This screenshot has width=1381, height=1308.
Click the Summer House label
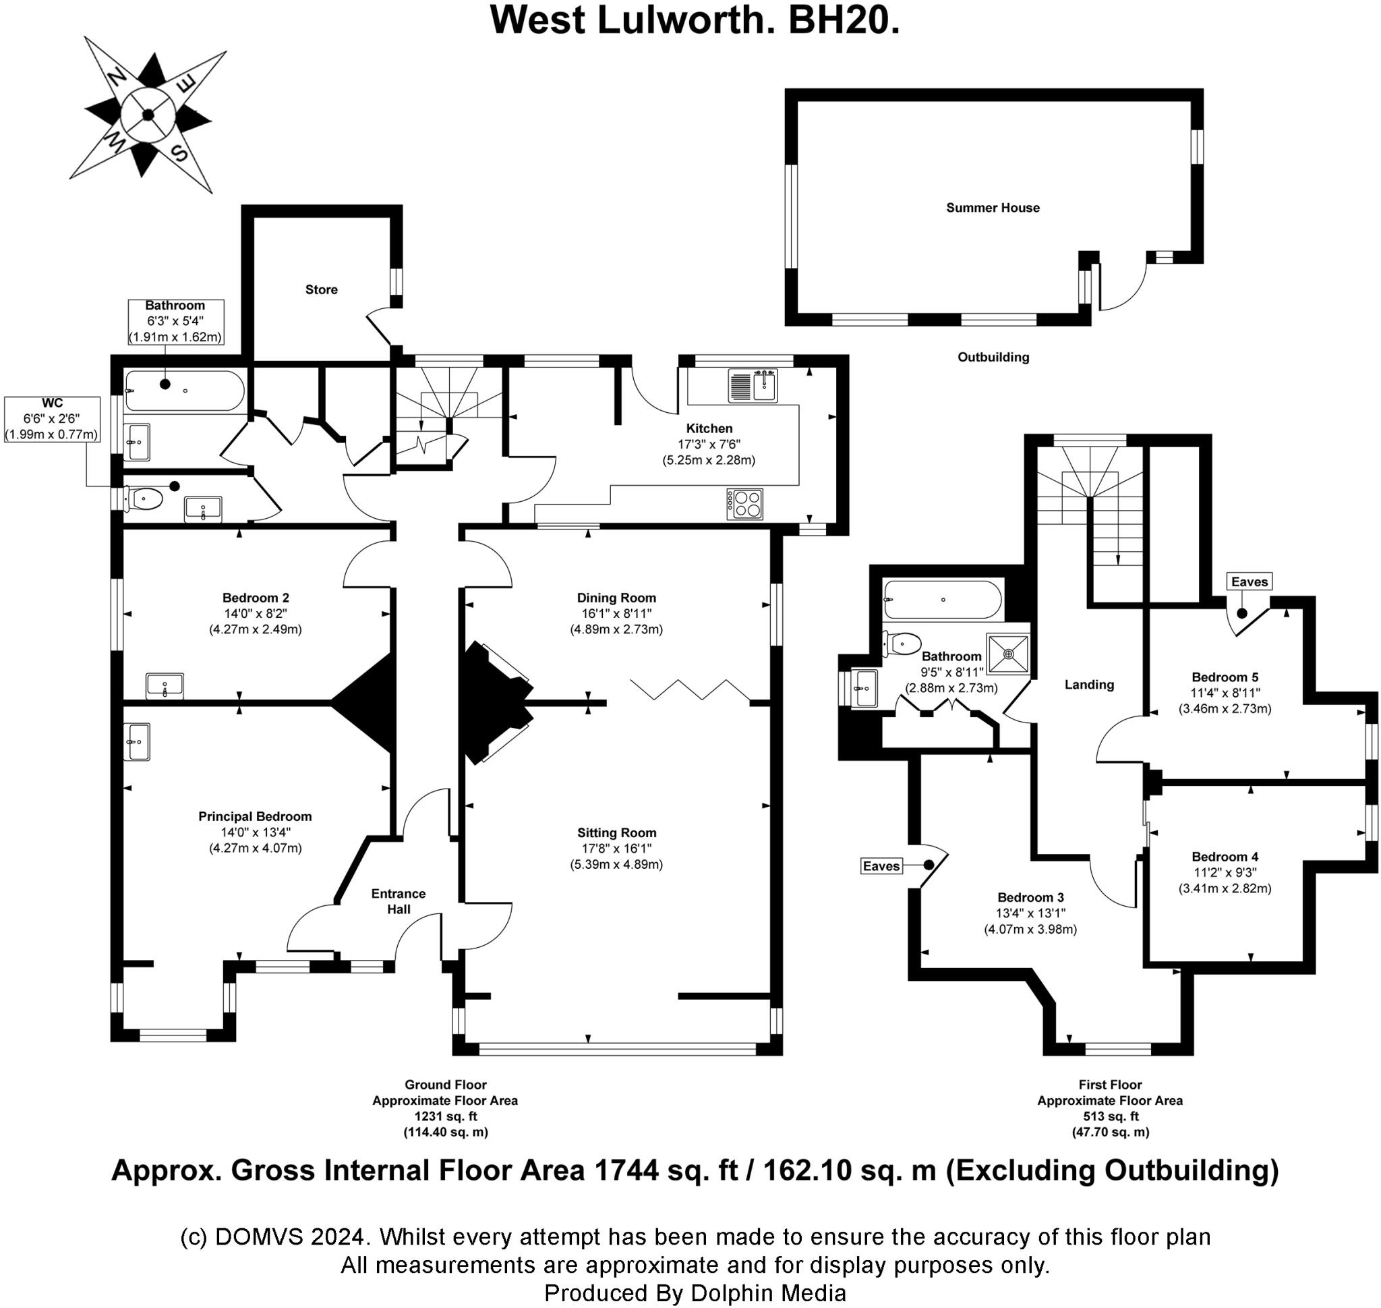point(992,208)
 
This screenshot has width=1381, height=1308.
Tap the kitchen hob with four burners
point(744,504)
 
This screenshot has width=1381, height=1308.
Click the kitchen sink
point(753,386)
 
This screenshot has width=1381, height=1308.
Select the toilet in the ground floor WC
point(145,499)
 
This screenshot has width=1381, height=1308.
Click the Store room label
point(322,289)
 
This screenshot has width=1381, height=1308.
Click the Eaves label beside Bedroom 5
point(1249,581)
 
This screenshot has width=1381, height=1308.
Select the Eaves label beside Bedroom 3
point(881,866)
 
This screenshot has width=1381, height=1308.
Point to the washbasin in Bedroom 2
point(165,685)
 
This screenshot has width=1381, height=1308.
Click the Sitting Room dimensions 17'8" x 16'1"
point(616,848)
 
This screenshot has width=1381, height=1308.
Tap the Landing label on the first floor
point(1088,685)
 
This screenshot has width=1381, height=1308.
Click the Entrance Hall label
point(398,901)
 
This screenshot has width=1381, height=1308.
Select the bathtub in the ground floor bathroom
point(184,391)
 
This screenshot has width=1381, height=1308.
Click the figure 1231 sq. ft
point(446,1116)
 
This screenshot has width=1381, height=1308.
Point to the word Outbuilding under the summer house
point(993,357)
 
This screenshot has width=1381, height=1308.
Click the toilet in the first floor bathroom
point(904,643)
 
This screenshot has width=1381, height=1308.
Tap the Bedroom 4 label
point(1224,857)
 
